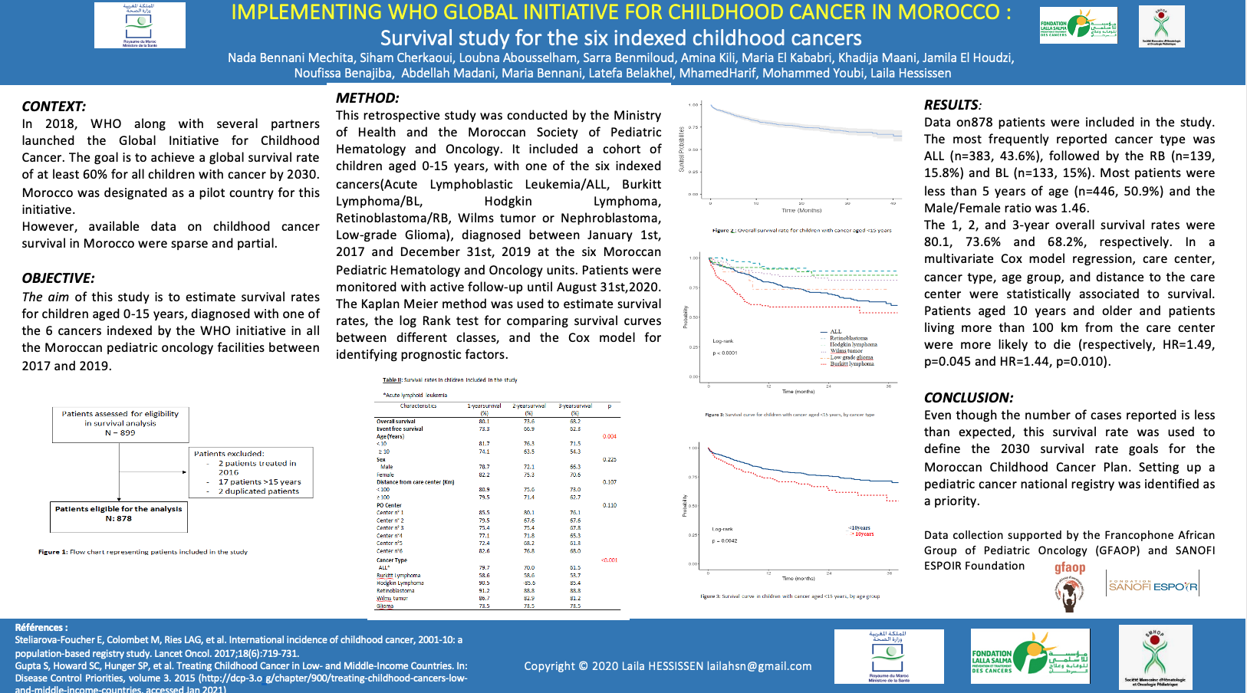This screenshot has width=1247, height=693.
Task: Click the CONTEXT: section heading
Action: pos(54,107)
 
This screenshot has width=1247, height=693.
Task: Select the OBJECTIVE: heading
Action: pos(58,278)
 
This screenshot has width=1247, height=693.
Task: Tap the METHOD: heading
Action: pos(367,98)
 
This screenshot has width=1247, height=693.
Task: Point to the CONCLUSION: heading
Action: pos(969,398)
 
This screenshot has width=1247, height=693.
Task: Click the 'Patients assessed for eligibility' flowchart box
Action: pos(120,423)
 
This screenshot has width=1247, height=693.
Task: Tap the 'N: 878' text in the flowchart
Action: pos(119,519)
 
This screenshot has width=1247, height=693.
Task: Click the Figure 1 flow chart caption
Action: pos(143,552)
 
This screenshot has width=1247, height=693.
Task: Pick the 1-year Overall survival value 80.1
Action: pos(484,422)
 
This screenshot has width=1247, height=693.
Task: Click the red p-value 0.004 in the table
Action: pos(610,437)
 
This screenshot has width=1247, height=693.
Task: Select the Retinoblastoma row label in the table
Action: pos(395,591)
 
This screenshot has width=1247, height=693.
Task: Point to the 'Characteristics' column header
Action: pos(418,406)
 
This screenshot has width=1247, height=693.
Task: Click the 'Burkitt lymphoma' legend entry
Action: pos(852,364)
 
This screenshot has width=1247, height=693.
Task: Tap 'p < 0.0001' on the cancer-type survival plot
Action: pos(725,353)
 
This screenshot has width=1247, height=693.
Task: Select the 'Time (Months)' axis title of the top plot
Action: pos(801,210)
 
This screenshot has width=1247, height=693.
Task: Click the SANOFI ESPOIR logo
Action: pos(1153,587)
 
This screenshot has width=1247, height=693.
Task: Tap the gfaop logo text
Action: pos(1070,568)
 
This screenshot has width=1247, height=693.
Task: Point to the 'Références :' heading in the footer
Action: pos(41,627)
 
